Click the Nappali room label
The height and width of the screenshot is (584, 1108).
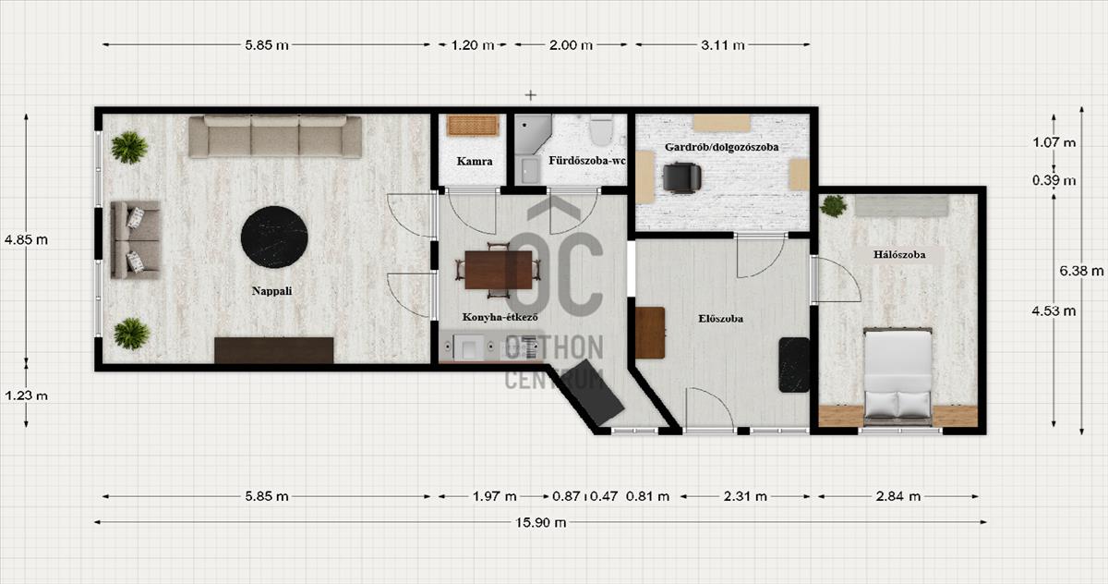coord(271,291)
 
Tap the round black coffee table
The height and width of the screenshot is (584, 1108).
coord(274,237)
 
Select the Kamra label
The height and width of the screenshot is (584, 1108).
coord(475,161)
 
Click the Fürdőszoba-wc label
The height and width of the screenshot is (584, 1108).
coord(586,161)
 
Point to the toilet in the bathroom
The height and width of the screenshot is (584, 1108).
coord(601,129)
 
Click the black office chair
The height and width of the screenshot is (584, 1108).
coord(681,177)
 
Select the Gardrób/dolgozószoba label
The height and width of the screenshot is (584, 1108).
coord(721,147)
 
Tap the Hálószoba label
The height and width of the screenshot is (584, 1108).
coord(898,255)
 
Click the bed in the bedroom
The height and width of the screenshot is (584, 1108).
coord(897,376)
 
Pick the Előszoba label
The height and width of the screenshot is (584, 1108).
coord(721,319)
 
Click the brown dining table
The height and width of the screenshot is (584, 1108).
coord(498,270)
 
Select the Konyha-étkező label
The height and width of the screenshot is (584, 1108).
coord(500,317)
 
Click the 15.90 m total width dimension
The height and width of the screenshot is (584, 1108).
coord(541,522)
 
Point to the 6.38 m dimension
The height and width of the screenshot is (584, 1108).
coord(1081,271)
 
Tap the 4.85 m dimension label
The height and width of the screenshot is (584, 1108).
coord(26,240)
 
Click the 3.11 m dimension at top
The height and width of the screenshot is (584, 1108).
coord(723,45)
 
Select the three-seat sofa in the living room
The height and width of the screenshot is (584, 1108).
coord(275,136)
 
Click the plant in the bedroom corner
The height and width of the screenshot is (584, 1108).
coord(834,206)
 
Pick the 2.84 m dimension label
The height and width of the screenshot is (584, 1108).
coord(897,496)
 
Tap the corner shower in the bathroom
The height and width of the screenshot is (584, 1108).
coord(531,133)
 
